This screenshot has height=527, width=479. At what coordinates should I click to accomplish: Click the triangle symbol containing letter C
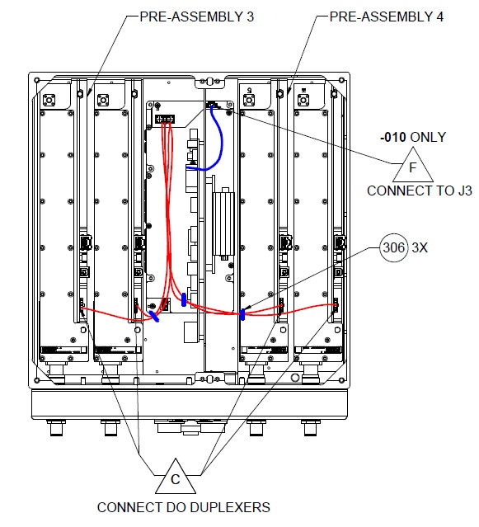pyautogui.click(x=175, y=478)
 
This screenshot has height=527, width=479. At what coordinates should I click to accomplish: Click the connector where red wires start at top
pyautogui.click(x=165, y=119)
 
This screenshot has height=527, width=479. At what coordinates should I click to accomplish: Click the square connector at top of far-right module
pyautogui.click(x=305, y=96)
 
